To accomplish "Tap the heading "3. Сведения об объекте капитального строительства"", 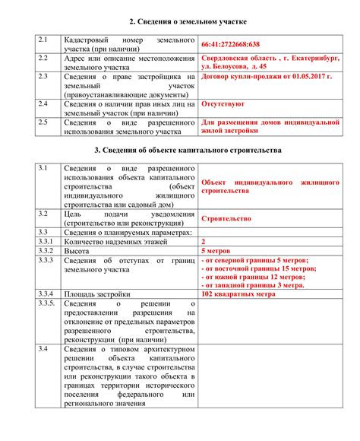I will click(180, 151).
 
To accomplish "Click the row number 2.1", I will click(43, 37).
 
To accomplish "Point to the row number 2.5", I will click(43, 120).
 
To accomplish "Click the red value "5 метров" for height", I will click(216, 250).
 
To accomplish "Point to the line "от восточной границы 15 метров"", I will click(259, 269).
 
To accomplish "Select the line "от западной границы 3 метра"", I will click(253, 286).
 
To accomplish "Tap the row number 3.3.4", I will click(46, 293).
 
